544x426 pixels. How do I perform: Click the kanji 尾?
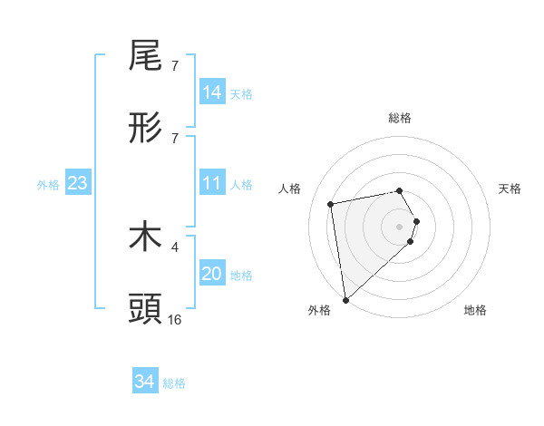click(x=145, y=56)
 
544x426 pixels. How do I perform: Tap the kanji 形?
click(x=145, y=128)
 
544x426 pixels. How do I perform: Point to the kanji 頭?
click(x=145, y=308)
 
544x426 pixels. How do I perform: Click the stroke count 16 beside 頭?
click(x=175, y=319)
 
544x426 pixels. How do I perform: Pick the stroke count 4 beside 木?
click(x=175, y=246)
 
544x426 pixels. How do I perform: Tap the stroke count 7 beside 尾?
click(x=175, y=66)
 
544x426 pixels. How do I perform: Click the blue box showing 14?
click(x=212, y=93)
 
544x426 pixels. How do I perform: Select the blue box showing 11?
click(x=212, y=184)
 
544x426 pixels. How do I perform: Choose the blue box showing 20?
click(x=212, y=274)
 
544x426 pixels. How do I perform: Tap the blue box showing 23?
click(x=78, y=184)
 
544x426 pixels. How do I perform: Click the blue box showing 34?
click(x=144, y=382)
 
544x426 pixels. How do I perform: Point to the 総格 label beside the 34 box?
click(x=174, y=383)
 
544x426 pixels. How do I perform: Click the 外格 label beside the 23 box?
click(x=48, y=185)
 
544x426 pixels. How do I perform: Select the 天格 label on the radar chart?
click(x=510, y=189)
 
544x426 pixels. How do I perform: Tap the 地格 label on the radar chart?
click(x=475, y=310)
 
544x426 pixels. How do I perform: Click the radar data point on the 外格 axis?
click(x=345, y=299)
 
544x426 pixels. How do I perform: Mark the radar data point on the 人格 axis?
click(x=331, y=204)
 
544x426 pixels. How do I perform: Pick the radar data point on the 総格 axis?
click(x=399, y=190)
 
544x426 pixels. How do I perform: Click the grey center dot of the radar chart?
click(x=400, y=226)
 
